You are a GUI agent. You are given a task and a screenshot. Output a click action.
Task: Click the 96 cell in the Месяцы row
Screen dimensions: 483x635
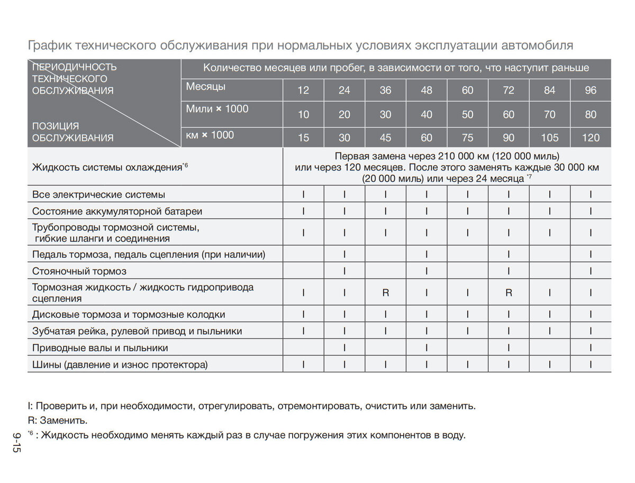coord(591,90)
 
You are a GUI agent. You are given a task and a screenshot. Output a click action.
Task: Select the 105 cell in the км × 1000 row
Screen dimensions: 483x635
coord(549,138)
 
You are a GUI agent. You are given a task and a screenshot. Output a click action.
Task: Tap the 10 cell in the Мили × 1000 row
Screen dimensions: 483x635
coord(303,114)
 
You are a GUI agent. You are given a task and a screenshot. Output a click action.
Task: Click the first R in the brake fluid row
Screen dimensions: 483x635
coord(386,292)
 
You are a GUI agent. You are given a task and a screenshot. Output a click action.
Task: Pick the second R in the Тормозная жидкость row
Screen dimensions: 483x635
coord(509,292)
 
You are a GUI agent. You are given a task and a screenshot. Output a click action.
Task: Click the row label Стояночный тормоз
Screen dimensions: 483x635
coord(79,271)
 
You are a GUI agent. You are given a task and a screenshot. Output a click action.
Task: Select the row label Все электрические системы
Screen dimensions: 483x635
coord(98,194)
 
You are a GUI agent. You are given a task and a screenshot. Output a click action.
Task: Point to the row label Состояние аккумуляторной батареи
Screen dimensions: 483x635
coord(117,211)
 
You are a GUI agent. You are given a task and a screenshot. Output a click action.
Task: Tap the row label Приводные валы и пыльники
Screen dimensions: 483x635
coord(100,348)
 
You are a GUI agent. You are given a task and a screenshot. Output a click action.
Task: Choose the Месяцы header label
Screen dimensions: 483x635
coord(206,86)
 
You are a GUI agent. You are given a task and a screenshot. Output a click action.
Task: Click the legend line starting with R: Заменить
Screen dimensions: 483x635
coord(57,421)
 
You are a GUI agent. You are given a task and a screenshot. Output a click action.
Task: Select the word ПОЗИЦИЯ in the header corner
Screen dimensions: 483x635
coord(56,126)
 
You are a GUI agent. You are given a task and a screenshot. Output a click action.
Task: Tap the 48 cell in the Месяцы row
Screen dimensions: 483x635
coord(427,90)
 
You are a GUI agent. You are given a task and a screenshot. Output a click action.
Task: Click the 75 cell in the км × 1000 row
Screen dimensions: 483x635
coord(467,138)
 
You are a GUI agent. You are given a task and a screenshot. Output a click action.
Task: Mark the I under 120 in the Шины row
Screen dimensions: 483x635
coord(591,364)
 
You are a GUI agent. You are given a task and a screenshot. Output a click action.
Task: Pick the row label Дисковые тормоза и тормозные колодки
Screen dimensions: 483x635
coord(129,315)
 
